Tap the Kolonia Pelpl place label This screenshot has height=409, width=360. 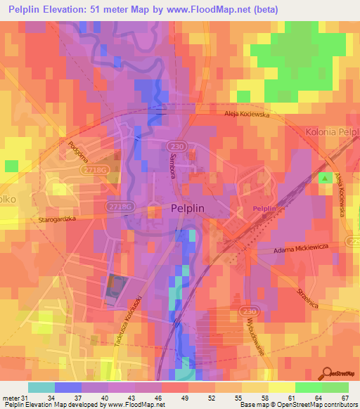[x=331, y=131]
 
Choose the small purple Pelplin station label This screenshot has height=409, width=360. [x=264, y=209]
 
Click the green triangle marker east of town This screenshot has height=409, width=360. [x=325, y=179]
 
